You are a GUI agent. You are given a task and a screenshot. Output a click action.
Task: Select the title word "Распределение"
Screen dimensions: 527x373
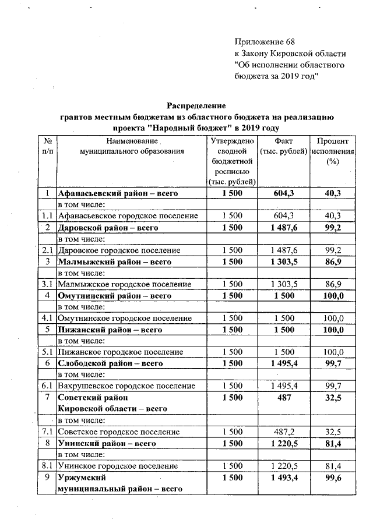(196, 105)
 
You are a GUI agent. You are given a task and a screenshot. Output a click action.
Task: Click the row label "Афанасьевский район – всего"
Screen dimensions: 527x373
(117, 193)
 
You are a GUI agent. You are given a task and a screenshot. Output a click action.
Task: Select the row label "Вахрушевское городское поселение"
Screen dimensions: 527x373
(126, 385)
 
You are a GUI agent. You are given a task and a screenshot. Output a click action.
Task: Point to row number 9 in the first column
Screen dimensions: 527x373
(47, 478)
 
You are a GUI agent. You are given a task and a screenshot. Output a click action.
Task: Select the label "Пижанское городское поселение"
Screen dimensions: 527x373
(120, 352)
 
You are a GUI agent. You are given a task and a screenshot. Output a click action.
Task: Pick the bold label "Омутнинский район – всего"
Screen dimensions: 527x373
(113, 295)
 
